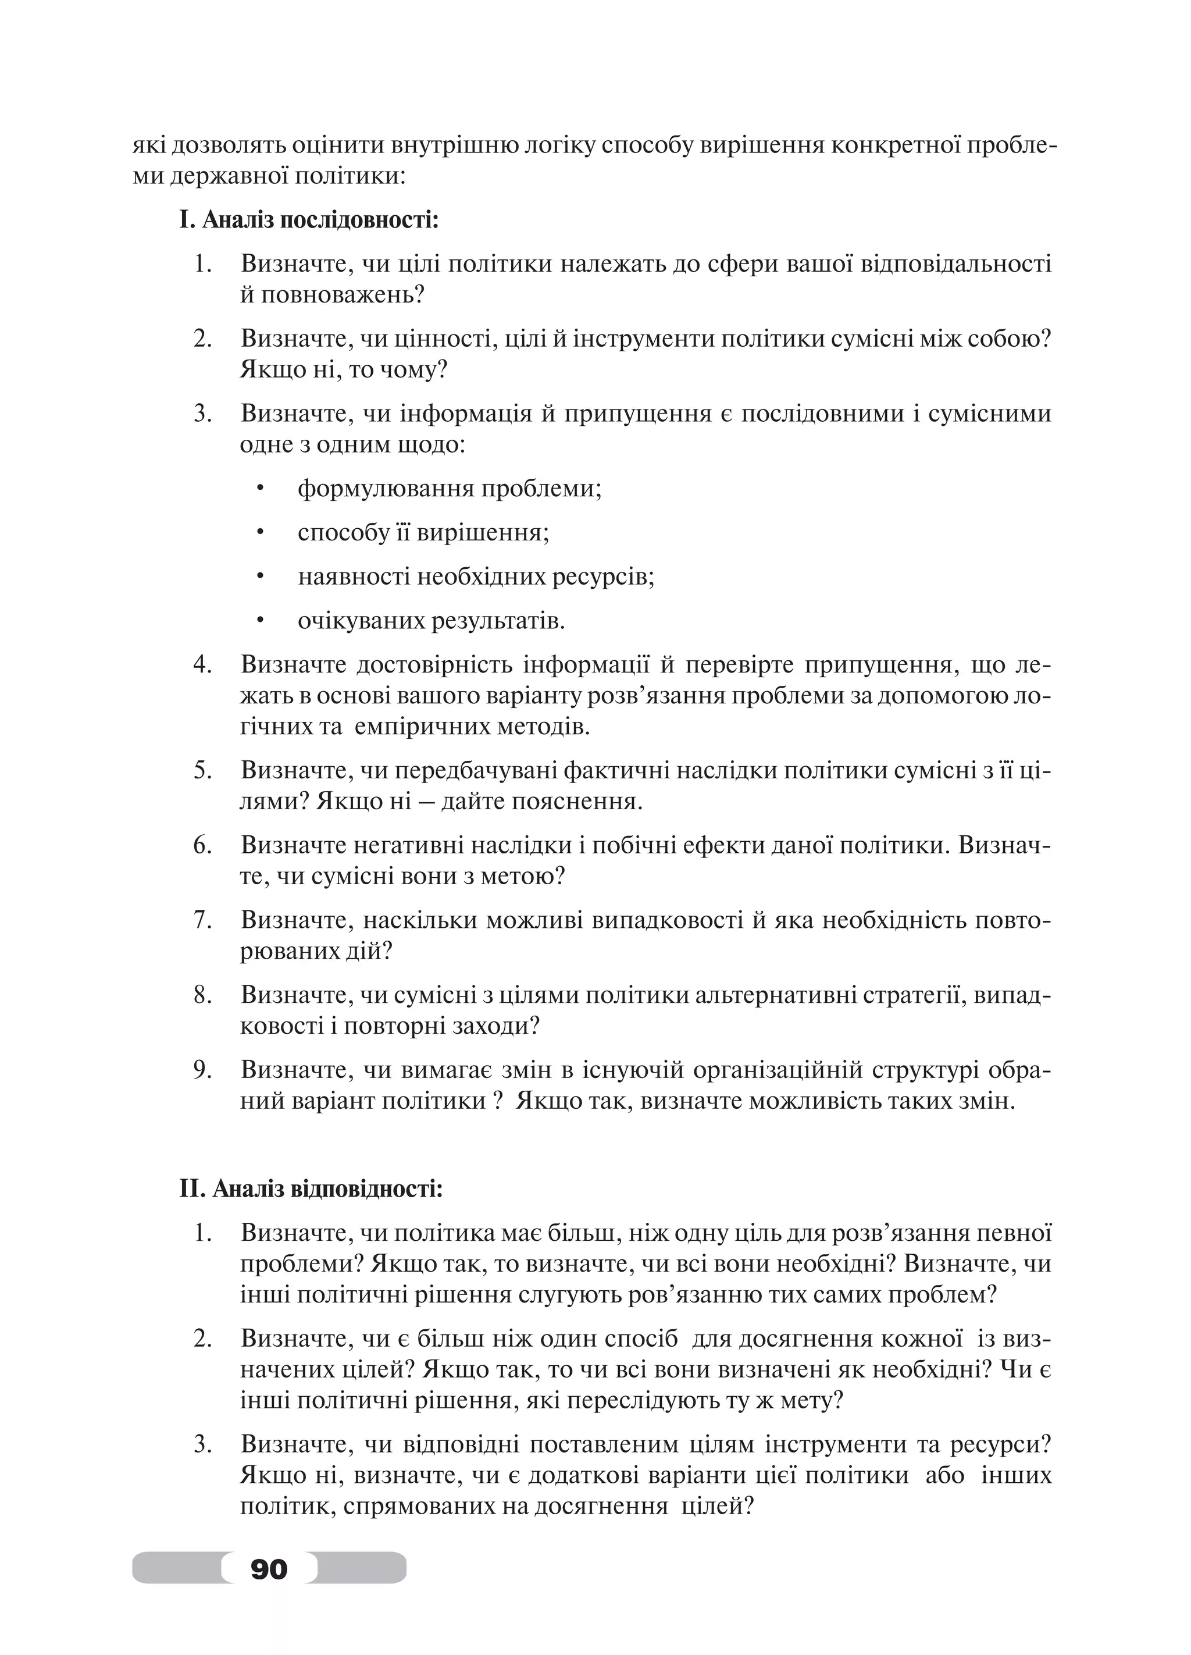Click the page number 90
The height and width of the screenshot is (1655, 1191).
[x=269, y=1568]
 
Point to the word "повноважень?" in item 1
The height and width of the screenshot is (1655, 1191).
[x=333, y=295]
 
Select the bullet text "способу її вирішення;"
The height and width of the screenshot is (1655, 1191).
[x=423, y=533]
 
